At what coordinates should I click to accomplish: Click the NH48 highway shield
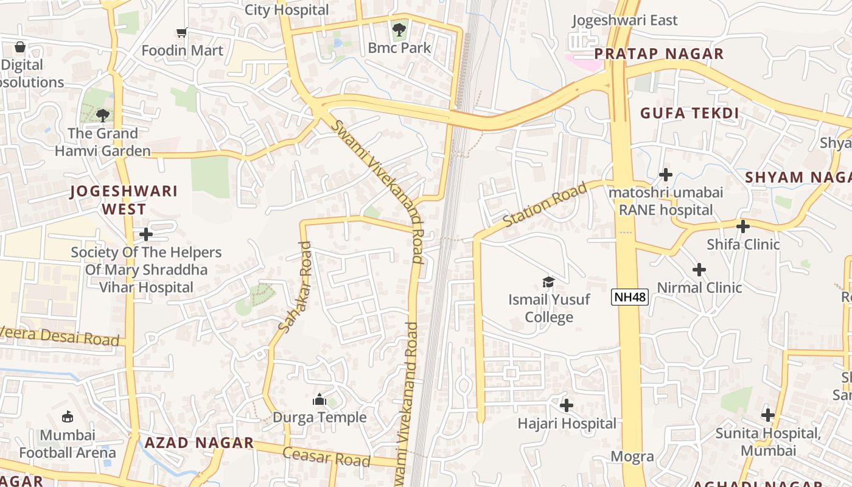(x=630, y=297)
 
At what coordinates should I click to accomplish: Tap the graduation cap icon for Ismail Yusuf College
(x=549, y=282)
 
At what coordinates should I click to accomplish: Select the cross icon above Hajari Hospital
(x=567, y=405)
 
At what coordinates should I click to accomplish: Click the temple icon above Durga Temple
(x=319, y=399)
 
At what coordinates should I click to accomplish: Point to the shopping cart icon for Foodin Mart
(x=181, y=32)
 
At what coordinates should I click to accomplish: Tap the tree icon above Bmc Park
(x=399, y=29)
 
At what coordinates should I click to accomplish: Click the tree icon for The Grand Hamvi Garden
(x=103, y=115)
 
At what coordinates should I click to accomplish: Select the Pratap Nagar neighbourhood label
(x=659, y=54)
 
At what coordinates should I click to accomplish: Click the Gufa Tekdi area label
(x=690, y=113)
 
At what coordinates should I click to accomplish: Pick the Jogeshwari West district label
(x=124, y=200)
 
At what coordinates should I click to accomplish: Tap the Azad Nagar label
(x=199, y=443)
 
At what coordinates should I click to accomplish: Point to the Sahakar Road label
(x=295, y=287)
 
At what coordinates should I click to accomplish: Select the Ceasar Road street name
(x=327, y=457)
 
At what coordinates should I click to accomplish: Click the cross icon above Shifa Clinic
(x=743, y=226)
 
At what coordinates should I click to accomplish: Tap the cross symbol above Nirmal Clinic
(x=699, y=269)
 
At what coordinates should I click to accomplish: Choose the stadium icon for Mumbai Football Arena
(x=67, y=417)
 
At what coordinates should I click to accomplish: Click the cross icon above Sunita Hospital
(x=768, y=415)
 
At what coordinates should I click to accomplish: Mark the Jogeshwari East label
(x=624, y=20)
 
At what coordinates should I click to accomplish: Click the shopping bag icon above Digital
(x=20, y=46)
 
